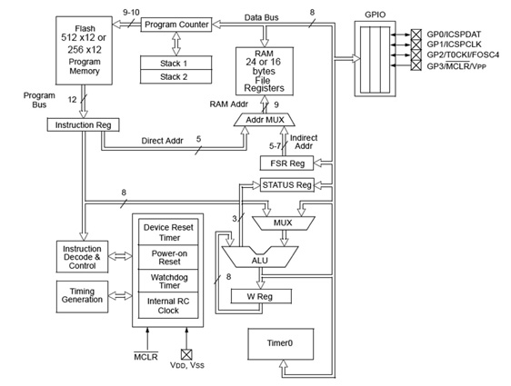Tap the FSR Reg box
click(x=286, y=163)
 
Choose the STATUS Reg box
click(x=286, y=185)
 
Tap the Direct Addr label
click(x=163, y=141)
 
